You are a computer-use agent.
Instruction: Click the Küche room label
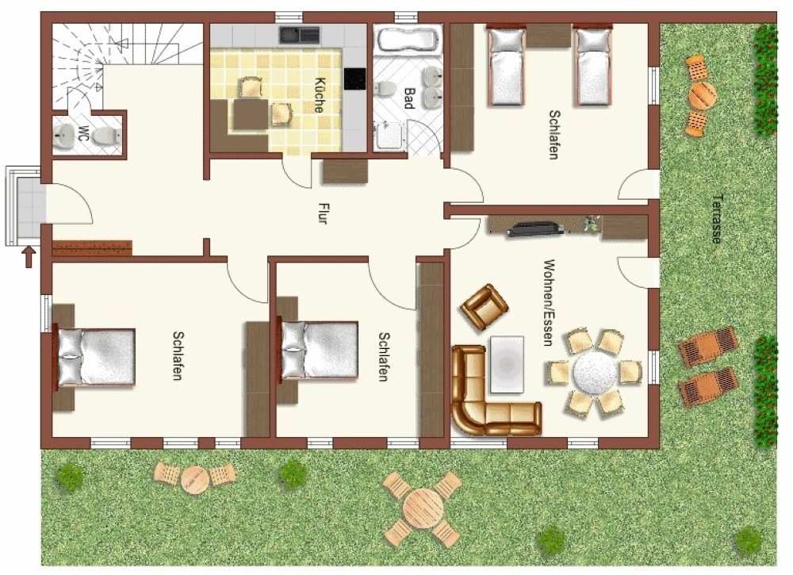click(319, 94)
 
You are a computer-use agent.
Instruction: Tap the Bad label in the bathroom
click(408, 98)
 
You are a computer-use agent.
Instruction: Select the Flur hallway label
click(323, 213)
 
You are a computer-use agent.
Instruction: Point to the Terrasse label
click(716, 219)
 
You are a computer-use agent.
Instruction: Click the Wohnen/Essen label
click(548, 303)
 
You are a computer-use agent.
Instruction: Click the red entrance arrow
click(29, 256)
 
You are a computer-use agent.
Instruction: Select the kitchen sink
click(300, 35)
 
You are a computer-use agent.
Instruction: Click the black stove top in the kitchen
click(354, 79)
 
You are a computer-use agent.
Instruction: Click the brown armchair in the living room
click(484, 307)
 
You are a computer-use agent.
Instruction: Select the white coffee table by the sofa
click(507, 364)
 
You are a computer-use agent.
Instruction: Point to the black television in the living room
click(535, 228)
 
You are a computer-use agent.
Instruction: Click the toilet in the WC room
click(107, 136)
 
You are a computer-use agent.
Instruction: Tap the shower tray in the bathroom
click(389, 136)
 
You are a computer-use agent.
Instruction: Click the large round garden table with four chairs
click(423, 508)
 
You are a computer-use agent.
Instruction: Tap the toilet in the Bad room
click(385, 89)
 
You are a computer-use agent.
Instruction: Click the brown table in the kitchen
click(251, 114)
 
